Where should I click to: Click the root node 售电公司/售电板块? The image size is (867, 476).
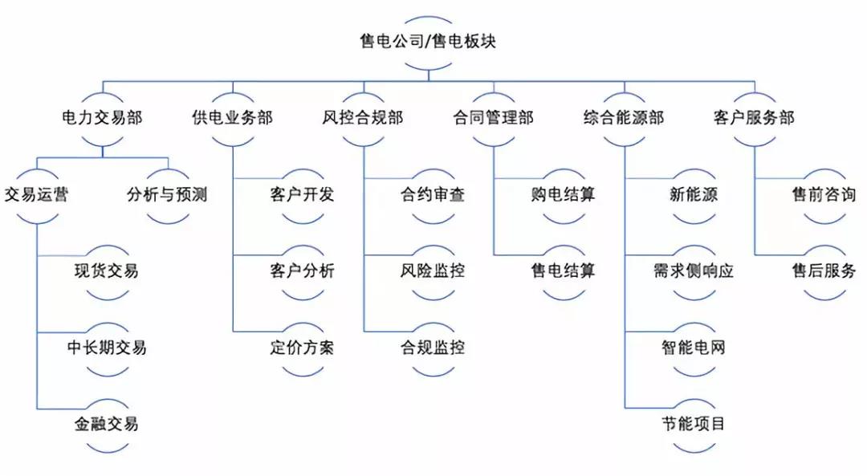(427, 41)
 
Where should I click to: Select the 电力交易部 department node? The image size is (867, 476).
(102, 118)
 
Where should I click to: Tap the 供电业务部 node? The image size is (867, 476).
(233, 118)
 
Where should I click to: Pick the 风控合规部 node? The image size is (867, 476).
(363, 118)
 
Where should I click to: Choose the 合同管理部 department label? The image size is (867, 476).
(493, 118)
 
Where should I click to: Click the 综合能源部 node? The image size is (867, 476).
(624, 118)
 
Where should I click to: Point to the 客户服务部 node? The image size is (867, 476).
(754, 118)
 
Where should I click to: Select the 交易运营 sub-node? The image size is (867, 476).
(36, 194)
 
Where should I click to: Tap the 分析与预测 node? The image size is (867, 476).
(168, 194)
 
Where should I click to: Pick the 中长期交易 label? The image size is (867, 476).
(107, 348)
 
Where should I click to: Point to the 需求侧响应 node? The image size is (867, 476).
(694, 271)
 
